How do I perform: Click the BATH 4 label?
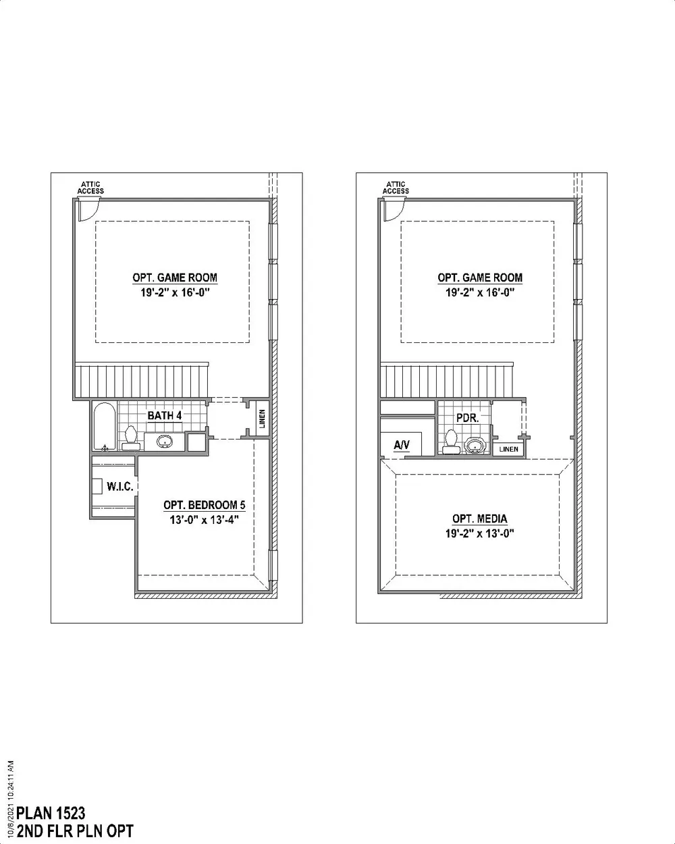coord(164,415)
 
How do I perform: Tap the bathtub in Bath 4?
coord(105,426)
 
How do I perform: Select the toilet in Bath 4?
coord(130,438)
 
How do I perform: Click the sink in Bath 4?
coord(164,442)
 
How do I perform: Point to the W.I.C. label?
coord(120,487)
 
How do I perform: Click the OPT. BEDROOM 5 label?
coord(205,505)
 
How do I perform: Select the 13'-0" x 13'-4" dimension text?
coord(204,520)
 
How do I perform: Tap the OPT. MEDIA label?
coord(480,519)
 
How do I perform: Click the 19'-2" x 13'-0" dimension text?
coord(479,533)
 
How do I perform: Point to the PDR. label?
coord(468,418)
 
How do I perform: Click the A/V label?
coord(402,445)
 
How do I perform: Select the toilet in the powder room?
coord(451,442)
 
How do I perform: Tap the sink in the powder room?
coord(475,446)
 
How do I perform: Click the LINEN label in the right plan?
coord(508,449)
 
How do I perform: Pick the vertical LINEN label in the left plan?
coord(263,419)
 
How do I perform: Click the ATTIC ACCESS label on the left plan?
coord(90,188)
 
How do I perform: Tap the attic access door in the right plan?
coord(395,209)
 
